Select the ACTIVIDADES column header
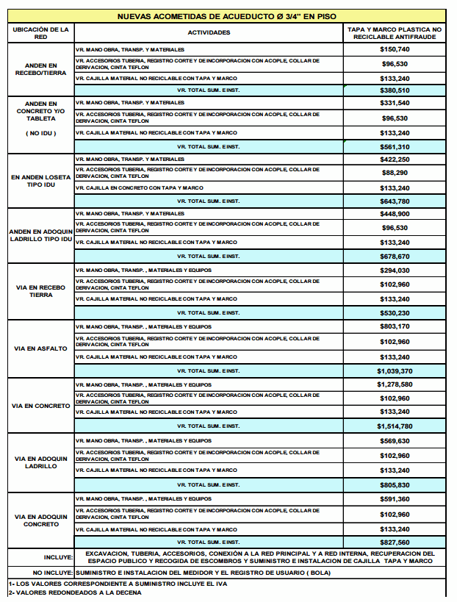tap(209, 32)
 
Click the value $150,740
tap(395, 49)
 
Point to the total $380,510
tap(395, 90)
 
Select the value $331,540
tap(395, 103)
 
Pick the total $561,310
tap(395, 147)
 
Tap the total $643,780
tap(395, 201)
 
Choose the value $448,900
tap(395, 214)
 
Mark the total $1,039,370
tap(395, 370)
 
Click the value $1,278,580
tap(395, 384)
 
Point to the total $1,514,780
tap(395, 426)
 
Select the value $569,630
tap(395, 441)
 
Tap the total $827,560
tap(395, 542)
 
